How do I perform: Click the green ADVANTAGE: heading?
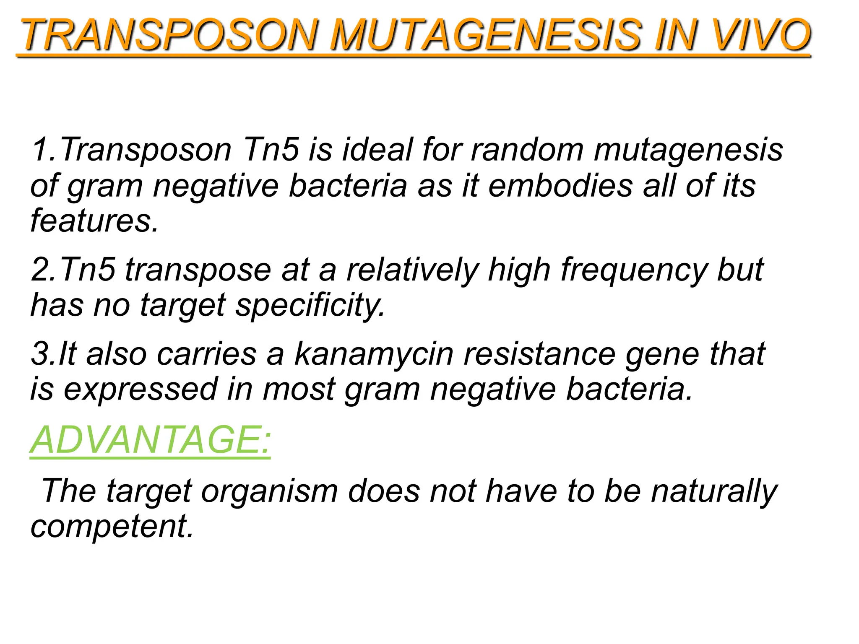pos(150,440)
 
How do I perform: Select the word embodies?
pos(560,186)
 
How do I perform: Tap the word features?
pos(94,221)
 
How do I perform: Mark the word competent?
pos(112,527)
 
